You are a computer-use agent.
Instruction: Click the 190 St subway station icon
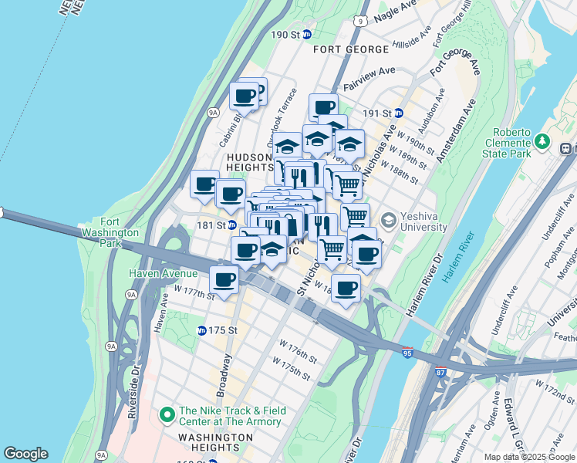[306, 35]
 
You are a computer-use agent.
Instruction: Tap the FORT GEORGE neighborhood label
[351, 49]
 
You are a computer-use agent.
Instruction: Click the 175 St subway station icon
[201, 330]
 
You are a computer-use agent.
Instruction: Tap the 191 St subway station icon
[399, 113]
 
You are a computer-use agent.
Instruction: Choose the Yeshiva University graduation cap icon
[388, 221]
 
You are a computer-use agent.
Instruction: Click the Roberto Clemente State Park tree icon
[542, 142]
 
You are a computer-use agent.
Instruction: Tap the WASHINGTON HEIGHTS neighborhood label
[204, 442]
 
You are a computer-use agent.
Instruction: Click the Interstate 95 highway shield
[407, 353]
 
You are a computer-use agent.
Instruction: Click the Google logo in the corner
[25, 454]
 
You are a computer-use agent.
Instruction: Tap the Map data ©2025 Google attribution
[528, 457]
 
